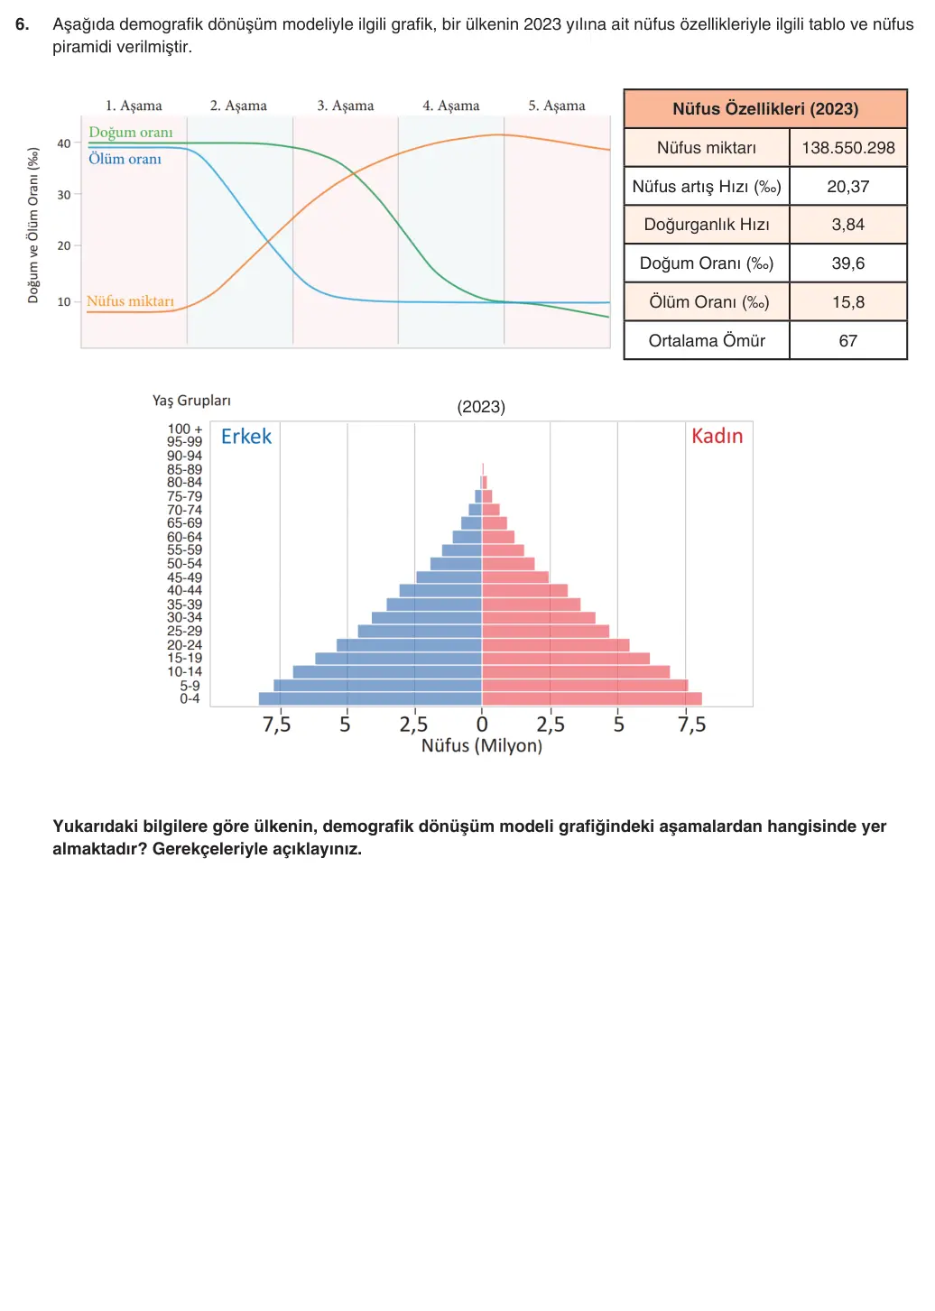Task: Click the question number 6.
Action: (22, 24)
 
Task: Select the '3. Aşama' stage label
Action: (346, 106)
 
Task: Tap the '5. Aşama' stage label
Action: (557, 106)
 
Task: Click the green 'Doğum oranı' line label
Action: (131, 133)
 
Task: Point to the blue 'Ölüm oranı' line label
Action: (125, 159)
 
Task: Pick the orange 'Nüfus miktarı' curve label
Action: (130, 300)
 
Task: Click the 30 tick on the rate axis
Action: (64, 194)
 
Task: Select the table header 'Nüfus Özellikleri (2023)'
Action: (765, 109)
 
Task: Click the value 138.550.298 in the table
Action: (847, 147)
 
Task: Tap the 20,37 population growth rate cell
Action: (847, 186)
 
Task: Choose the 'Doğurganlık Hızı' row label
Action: (706, 225)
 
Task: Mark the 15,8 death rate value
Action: (847, 302)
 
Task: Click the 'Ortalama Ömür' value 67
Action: (847, 341)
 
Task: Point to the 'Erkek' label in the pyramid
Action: (245, 437)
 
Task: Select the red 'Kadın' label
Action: (717, 436)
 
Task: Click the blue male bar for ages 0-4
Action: (370, 699)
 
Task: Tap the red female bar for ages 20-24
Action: (556, 645)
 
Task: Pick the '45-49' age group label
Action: (184, 577)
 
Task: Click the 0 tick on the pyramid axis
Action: (482, 725)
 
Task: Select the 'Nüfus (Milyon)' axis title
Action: (482, 745)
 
